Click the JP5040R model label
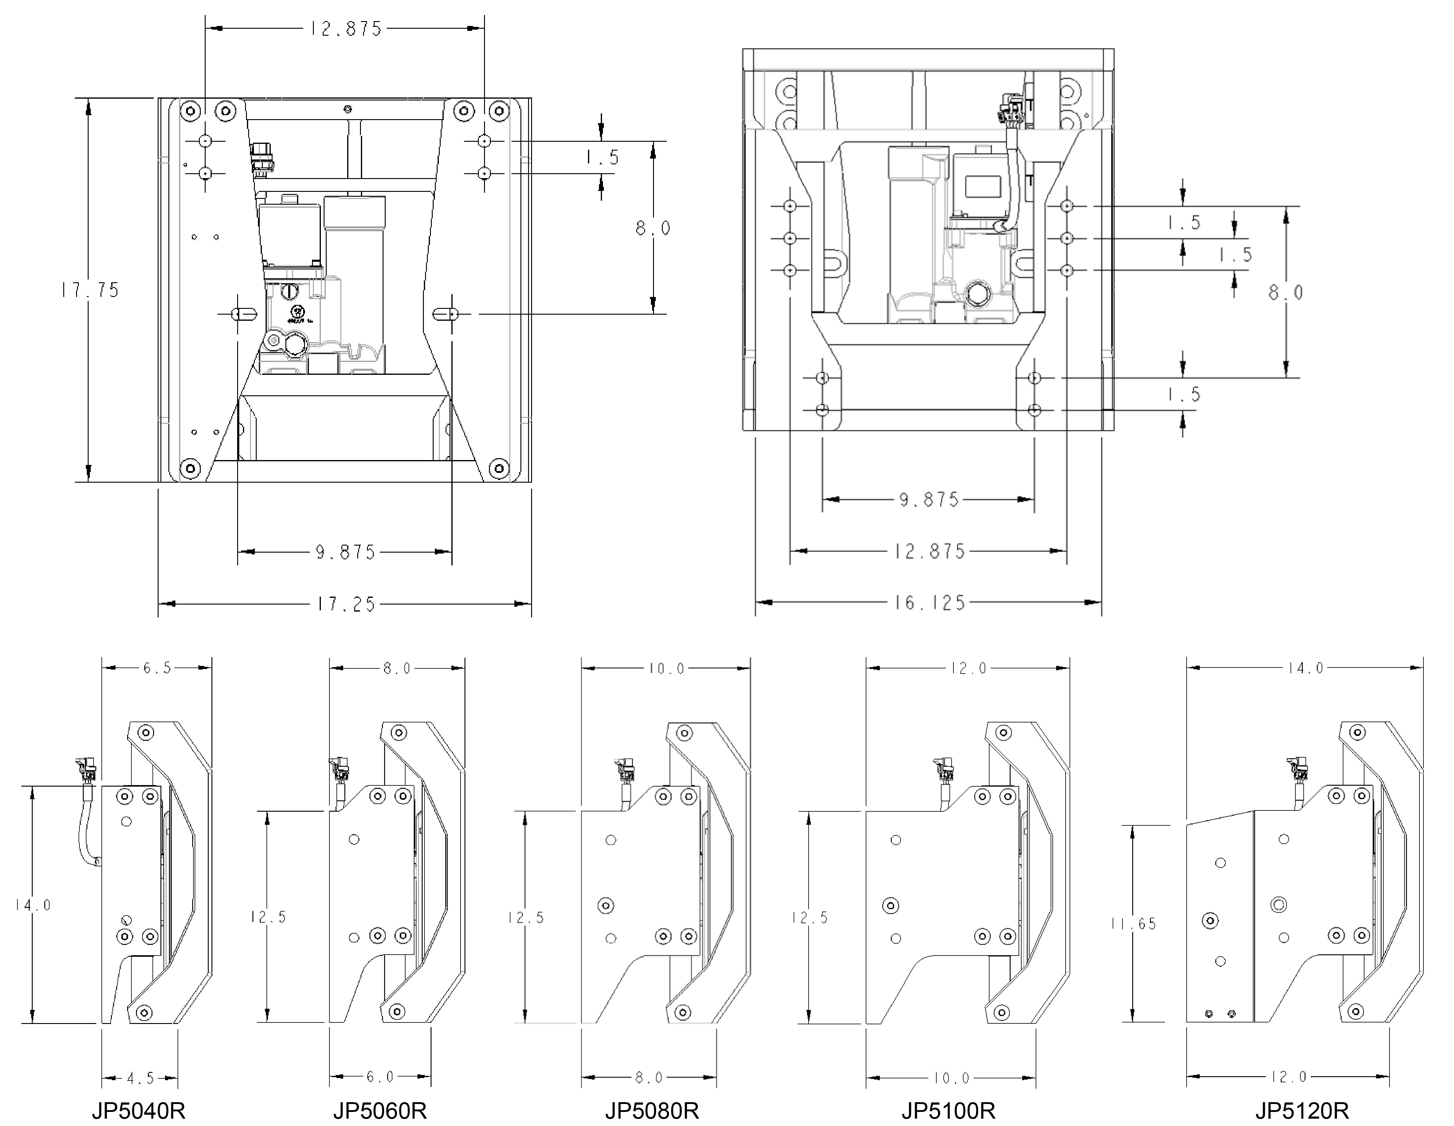pos(138,1111)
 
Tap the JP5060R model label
pos(380,1111)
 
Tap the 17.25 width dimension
pos(346,604)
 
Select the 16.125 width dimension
pos(929,603)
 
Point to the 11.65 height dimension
pos(1133,924)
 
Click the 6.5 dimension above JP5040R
pos(157,668)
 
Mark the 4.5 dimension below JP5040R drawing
pos(140,1078)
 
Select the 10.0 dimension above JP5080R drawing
pos(666,668)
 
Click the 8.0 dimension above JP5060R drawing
pos(397,668)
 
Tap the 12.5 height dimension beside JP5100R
pos(810,918)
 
